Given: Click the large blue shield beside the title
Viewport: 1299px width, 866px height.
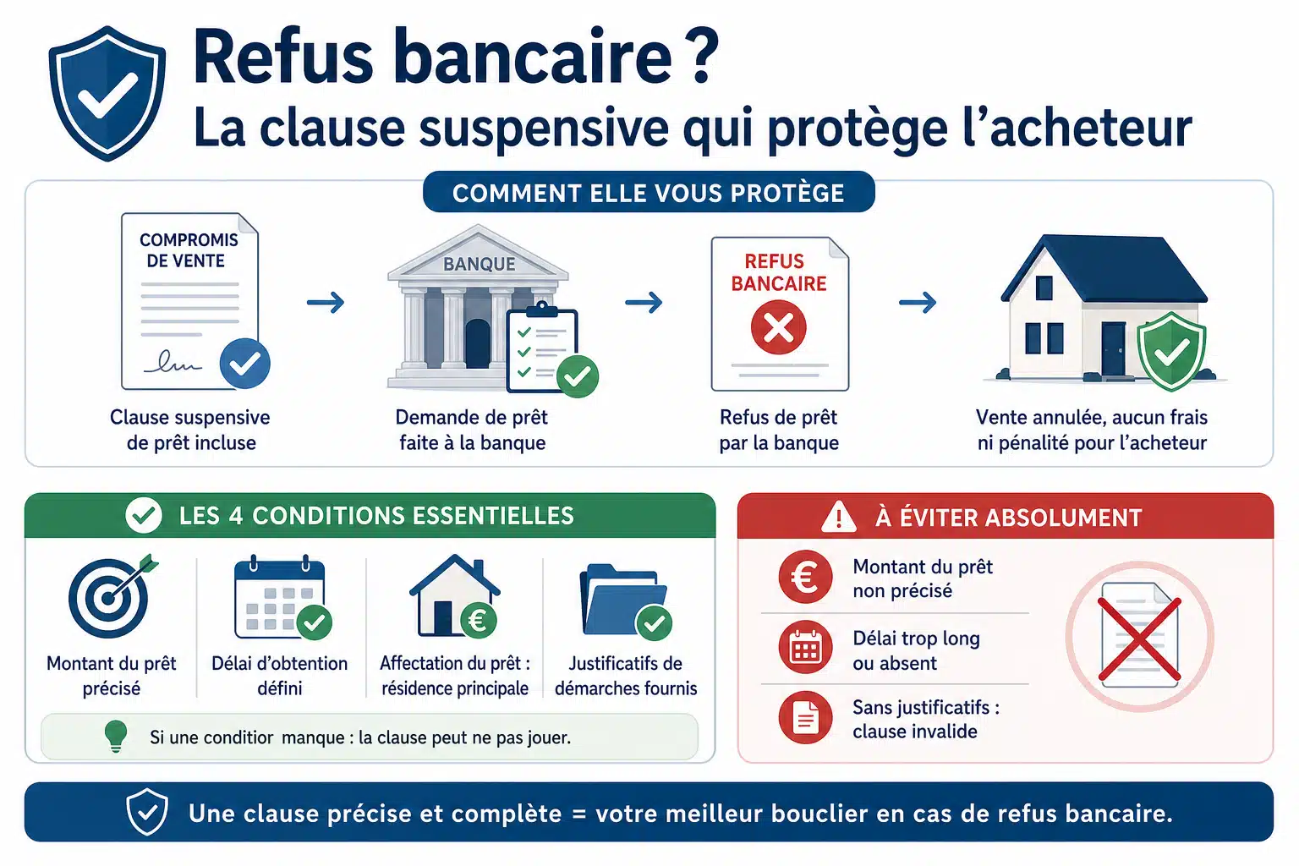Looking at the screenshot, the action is (107, 93).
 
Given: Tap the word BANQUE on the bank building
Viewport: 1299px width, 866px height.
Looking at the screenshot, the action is (479, 264).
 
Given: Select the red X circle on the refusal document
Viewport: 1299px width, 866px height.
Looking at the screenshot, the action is (778, 327).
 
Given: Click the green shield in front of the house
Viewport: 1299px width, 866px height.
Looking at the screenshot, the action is (1171, 351).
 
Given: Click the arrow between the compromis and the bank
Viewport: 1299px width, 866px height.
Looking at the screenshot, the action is (326, 302).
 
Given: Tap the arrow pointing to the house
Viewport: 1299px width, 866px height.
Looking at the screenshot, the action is (918, 302).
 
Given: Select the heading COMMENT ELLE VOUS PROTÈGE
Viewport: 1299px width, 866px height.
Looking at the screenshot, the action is (649, 193).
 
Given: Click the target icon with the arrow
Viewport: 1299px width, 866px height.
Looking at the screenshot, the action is (110, 595).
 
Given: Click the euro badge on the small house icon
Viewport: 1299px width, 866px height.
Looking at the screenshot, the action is (479, 621).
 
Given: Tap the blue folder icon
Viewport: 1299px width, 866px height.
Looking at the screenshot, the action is (625, 600).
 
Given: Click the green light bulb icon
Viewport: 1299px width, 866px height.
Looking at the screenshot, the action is (115, 737).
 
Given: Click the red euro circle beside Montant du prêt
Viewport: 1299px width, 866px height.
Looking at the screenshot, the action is (805, 577).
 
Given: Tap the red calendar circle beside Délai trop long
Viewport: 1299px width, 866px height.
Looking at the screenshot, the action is (805, 647).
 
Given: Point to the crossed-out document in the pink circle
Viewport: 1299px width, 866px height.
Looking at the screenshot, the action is (1139, 636).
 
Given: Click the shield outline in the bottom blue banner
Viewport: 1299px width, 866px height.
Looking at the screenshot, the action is (147, 812).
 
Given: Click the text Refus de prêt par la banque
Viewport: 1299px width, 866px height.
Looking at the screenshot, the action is (779, 430).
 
